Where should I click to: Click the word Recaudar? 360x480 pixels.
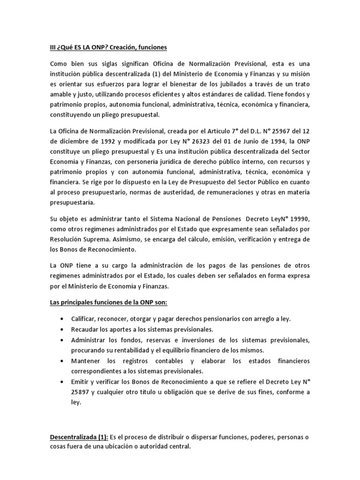coord(84,330)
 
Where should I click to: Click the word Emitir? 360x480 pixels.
coord(80,382)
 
